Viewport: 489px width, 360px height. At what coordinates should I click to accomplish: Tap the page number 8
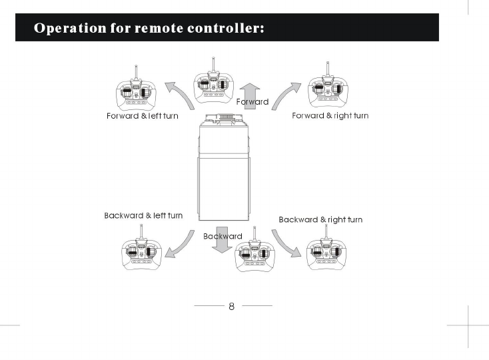(232, 307)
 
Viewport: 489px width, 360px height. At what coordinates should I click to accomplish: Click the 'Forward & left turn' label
(143, 116)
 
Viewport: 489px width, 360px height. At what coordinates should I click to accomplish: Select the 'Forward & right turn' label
(330, 116)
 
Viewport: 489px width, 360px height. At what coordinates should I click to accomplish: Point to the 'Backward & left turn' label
(143, 216)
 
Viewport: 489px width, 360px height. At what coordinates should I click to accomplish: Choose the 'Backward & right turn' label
(320, 219)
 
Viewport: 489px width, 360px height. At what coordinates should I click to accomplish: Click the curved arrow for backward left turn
(177, 247)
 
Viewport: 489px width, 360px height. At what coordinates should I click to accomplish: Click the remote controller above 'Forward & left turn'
(138, 91)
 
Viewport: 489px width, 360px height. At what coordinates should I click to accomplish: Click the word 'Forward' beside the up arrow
(252, 102)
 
